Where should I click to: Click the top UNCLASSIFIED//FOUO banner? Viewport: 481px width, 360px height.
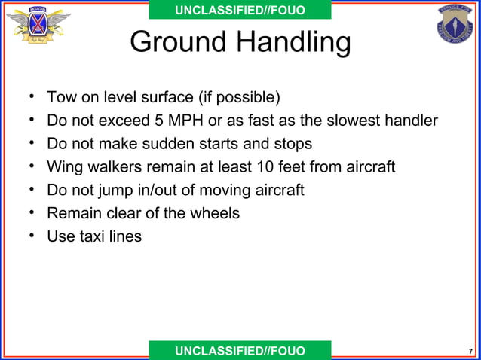click(x=240, y=10)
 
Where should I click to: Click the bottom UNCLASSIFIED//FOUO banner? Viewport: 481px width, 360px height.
click(x=240, y=351)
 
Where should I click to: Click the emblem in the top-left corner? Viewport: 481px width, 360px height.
click(x=38, y=28)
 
